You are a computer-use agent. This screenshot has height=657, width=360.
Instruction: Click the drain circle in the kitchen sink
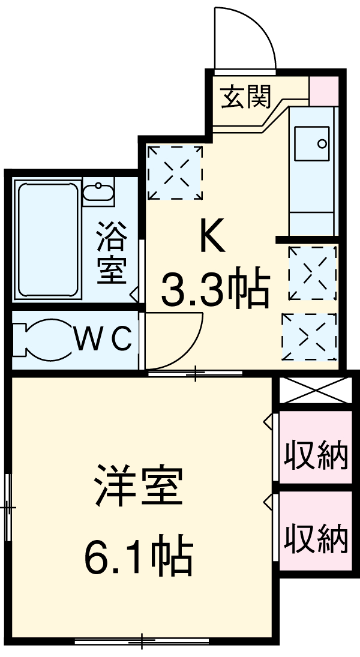(322, 144)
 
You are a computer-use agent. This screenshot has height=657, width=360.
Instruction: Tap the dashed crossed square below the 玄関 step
(175, 172)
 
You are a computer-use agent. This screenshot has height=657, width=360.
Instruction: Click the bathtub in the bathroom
(48, 240)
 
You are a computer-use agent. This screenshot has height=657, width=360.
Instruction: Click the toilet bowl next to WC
(42, 340)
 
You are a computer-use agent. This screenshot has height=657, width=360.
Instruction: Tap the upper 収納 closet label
(316, 454)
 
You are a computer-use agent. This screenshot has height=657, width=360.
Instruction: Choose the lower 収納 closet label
(316, 538)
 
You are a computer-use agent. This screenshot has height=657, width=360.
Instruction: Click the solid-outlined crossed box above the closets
(314, 390)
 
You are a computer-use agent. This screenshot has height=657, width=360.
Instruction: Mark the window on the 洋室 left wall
(8, 507)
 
